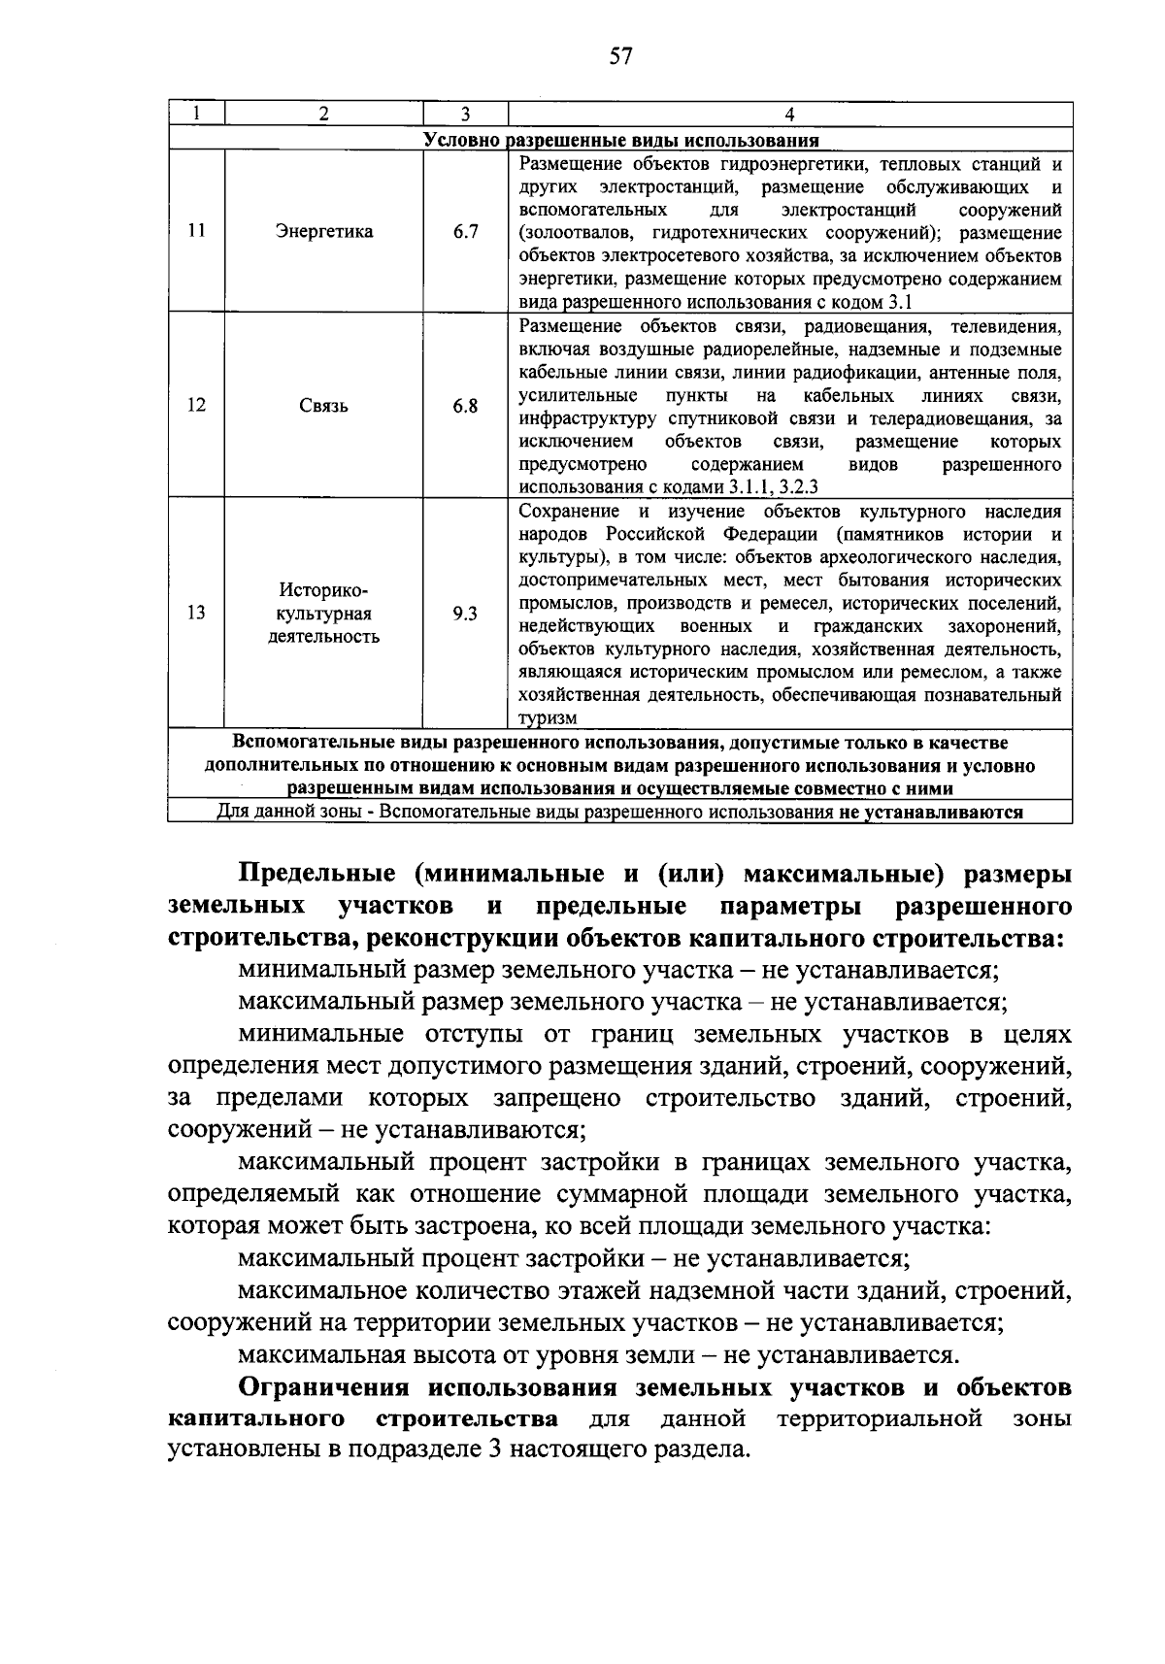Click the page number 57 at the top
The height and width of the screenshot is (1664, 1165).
tap(620, 55)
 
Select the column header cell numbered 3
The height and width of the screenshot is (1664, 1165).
tap(465, 114)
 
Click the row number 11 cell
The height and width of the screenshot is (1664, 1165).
tap(196, 231)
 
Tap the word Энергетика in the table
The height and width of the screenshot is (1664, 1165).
tap(323, 231)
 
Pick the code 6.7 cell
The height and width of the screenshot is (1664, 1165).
tap(465, 231)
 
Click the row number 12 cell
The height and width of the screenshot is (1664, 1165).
tap(196, 405)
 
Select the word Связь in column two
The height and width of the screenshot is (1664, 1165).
tap(323, 406)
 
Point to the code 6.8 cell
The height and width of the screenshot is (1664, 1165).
tap(465, 406)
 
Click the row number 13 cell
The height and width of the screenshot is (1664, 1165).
tap(196, 613)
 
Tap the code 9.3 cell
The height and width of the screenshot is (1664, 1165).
tap(465, 613)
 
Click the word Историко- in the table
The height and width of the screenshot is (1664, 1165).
tap(323, 590)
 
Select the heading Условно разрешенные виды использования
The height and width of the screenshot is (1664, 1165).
tap(621, 140)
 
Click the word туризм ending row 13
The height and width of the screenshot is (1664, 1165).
tap(549, 718)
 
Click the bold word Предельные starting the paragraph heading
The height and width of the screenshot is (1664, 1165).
tap(315, 874)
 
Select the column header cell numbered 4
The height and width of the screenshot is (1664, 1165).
tap(790, 114)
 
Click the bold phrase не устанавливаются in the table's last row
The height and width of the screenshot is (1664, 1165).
tap(931, 812)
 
